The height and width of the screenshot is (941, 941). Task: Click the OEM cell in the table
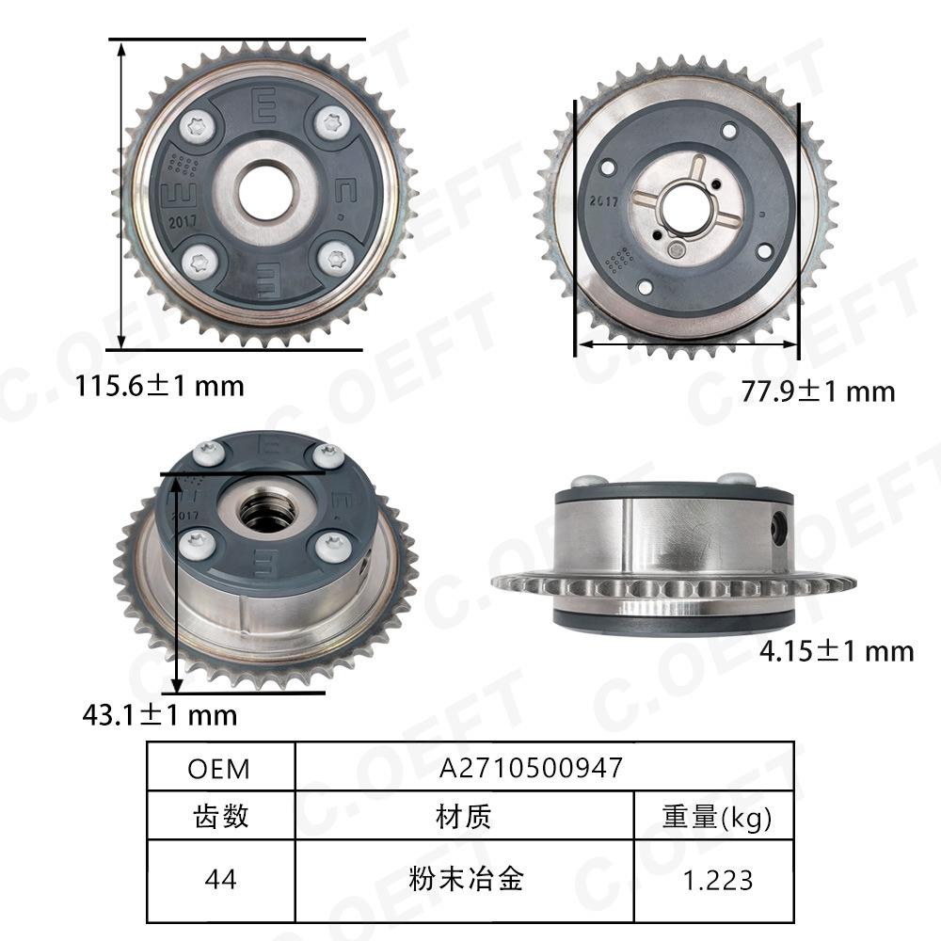tap(219, 768)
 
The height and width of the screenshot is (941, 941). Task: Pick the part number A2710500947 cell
tap(532, 768)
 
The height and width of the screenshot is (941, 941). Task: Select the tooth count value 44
tap(220, 879)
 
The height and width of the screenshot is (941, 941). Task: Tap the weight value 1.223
tap(717, 879)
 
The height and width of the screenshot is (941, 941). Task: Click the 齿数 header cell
tap(220, 816)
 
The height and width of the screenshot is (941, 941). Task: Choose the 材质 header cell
tap(465, 816)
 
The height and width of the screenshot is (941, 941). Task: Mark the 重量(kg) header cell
tap(717, 816)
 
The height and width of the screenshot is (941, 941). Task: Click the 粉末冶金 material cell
tap(465, 879)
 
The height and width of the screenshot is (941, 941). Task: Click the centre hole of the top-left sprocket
tap(264, 191)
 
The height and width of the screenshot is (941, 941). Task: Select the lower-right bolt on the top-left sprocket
tap(331, 258)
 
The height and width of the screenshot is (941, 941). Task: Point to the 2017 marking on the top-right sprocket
tap(602, 200)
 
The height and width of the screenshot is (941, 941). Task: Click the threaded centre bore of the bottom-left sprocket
tap(267, 512)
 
